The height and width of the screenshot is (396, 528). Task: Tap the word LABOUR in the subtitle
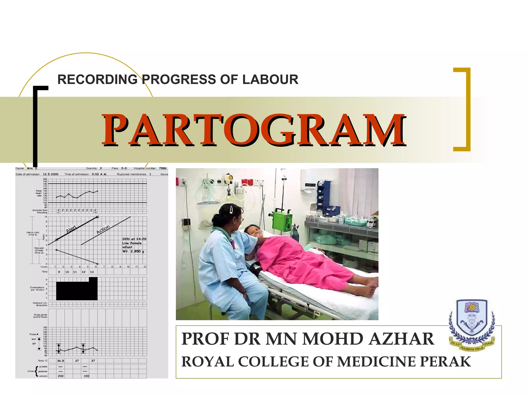coord(270,79)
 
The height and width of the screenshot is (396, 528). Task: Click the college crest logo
coord(472,325)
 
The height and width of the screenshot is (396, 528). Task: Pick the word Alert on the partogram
coord(71,229)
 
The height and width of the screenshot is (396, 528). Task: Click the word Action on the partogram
coord(103,229)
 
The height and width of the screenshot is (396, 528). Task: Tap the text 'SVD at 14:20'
coord(134,239)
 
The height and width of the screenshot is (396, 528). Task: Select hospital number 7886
coord(163,168)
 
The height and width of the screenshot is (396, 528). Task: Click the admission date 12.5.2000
coord(51,174)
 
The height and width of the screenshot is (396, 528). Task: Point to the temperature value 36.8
coord(61,361)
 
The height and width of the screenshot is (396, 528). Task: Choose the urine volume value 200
coord(61,376)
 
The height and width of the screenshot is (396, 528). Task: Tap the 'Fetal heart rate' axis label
coord(38,193)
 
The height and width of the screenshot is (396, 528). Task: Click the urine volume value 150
coord(86,376)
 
